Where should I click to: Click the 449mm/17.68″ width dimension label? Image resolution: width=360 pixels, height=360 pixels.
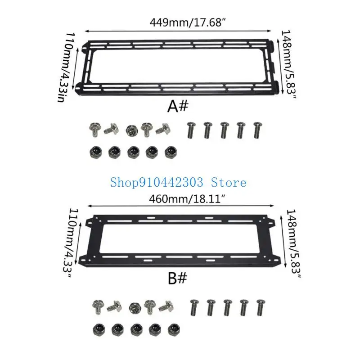tap(188, 22)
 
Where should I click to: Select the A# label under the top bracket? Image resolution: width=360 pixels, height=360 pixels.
tap(178, 107)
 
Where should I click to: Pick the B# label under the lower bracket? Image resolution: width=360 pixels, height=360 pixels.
tap(177, 278)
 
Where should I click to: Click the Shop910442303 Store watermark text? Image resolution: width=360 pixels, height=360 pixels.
tap(178, 183)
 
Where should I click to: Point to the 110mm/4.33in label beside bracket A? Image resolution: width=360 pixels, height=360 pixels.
tap(66, 67)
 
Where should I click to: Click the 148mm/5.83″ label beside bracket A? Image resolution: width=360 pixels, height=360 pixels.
tap(288, 64)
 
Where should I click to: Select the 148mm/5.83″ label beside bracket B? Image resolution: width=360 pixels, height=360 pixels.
tap(292, 244)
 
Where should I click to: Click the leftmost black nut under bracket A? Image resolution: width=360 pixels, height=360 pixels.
tap(95, 152)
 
